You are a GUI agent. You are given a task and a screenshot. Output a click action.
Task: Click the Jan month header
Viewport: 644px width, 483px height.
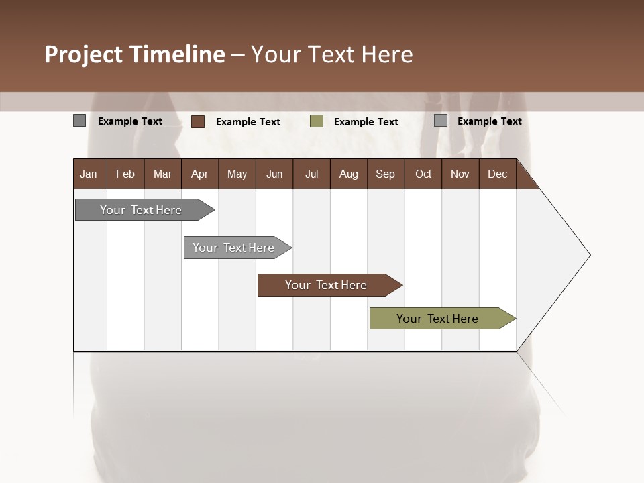pos(89,174)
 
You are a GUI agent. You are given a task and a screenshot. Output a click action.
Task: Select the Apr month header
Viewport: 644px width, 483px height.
pos(199,174)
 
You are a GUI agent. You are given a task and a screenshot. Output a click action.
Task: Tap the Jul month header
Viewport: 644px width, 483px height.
pos(311,174)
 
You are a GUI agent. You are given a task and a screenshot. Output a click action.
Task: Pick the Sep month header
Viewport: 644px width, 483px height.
pos(385,174)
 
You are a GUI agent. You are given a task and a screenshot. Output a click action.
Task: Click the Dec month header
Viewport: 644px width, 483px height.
pos(497,174)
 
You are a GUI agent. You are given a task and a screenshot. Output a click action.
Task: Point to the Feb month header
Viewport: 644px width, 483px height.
pos(125,174)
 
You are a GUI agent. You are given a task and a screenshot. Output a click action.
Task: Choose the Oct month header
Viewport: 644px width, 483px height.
pos(423,174)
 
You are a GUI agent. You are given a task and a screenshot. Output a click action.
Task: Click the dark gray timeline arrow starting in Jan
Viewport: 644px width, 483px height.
pos(141,210)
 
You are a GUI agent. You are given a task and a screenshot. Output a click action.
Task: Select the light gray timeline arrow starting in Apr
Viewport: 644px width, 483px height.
pos(233,248)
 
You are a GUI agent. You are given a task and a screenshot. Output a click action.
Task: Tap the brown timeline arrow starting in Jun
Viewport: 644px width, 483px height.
pos(326,285)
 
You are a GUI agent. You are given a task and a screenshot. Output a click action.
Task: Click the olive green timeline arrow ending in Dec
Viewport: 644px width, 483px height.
pos(437,319)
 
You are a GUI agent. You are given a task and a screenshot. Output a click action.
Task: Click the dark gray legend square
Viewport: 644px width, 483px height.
pos(79,121)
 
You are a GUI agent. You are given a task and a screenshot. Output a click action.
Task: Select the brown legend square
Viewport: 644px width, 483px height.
pos(198,121)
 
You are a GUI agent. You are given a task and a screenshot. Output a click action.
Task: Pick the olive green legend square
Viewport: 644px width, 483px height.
pos(317,121)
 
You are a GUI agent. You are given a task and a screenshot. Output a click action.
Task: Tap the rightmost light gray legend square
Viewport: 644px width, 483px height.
pos(441,121)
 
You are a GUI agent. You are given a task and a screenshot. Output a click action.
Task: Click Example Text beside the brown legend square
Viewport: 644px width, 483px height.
pos(248,122)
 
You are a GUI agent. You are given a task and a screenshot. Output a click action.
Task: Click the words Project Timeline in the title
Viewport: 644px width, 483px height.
pos(134,54)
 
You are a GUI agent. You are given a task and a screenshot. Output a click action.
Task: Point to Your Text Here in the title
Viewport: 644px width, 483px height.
pos(331,54)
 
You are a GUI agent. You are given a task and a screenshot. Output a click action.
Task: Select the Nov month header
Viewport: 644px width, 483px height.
pos(460,174)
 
